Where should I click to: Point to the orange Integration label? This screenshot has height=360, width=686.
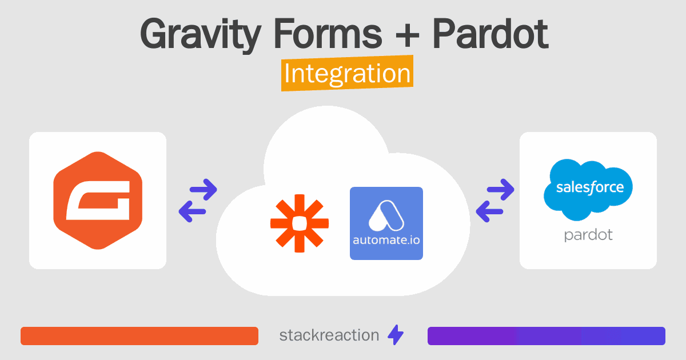point(347,75)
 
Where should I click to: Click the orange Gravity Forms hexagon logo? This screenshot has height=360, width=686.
point(98,200)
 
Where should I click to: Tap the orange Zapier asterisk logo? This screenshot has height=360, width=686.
point(300,223)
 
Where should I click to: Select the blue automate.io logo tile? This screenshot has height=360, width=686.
point(386,223)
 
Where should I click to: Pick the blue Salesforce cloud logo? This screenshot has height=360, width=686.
point(588,188)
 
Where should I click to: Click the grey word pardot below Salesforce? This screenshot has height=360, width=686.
point(588,235)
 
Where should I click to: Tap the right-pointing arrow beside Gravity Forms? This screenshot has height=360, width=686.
point(204,189)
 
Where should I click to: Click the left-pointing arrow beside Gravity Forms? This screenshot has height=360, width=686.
point(192,212)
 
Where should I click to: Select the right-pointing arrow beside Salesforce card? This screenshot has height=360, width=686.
point(501,189)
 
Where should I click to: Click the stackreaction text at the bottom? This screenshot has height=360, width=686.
point(329,335)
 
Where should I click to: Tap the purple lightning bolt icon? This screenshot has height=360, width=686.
point(396,335)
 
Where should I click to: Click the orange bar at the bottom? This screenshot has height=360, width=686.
point(139,336)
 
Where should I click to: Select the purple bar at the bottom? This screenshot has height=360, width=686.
point(546,336)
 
